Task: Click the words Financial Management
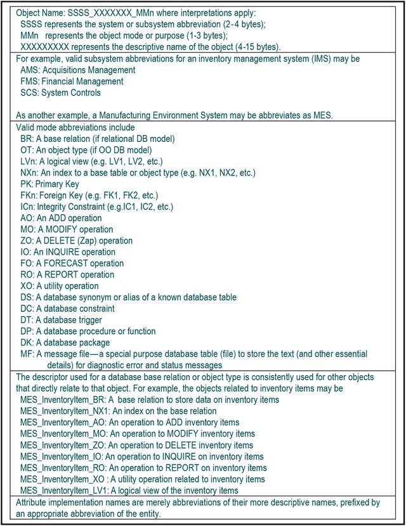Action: pyautogui.click(x=82, y=81)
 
